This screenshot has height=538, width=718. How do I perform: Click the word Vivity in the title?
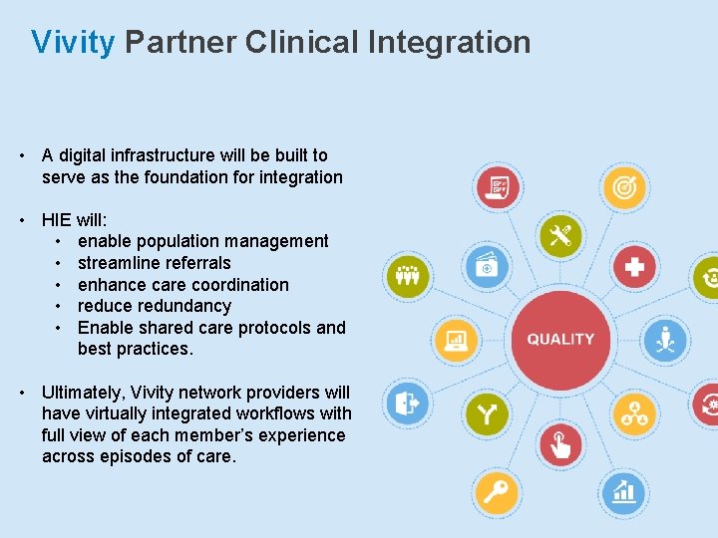pyautogui.click(x=73, y=43)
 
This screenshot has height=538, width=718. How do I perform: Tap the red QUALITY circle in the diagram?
pyautogui.click(x=560, y=339)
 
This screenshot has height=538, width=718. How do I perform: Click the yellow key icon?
pyautogui.click(x=496, y=491)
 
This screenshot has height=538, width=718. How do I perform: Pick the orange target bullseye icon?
pyautogui.click(x=624, y=186)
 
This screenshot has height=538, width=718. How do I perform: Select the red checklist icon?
pyautogui.click(x=497, y=186)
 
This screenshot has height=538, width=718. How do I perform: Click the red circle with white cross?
pyautogui.click(x=634, y=267)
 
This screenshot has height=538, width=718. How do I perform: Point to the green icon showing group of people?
pyautogui.click(x=406, y=273)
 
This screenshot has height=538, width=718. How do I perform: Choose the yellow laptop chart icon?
pyautogui.click(x=456, y=340)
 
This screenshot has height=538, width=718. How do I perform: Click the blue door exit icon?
pyautogui.click(x=406, y=404)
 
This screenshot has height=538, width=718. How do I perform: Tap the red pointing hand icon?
pyautogui.click(x=560, y=443)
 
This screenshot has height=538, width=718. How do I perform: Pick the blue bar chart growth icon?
pyautogui.click(x=624, y=491)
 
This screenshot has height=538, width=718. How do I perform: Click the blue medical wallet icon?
pyautogui.click(x=487, y=266)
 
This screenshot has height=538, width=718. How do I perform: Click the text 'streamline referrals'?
pyautogui.click(x=154, y=263)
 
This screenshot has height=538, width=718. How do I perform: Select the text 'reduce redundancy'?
pyautogui.click(x=154, y=306)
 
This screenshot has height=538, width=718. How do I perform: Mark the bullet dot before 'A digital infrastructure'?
pyautogui.click(x=21, y=155)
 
